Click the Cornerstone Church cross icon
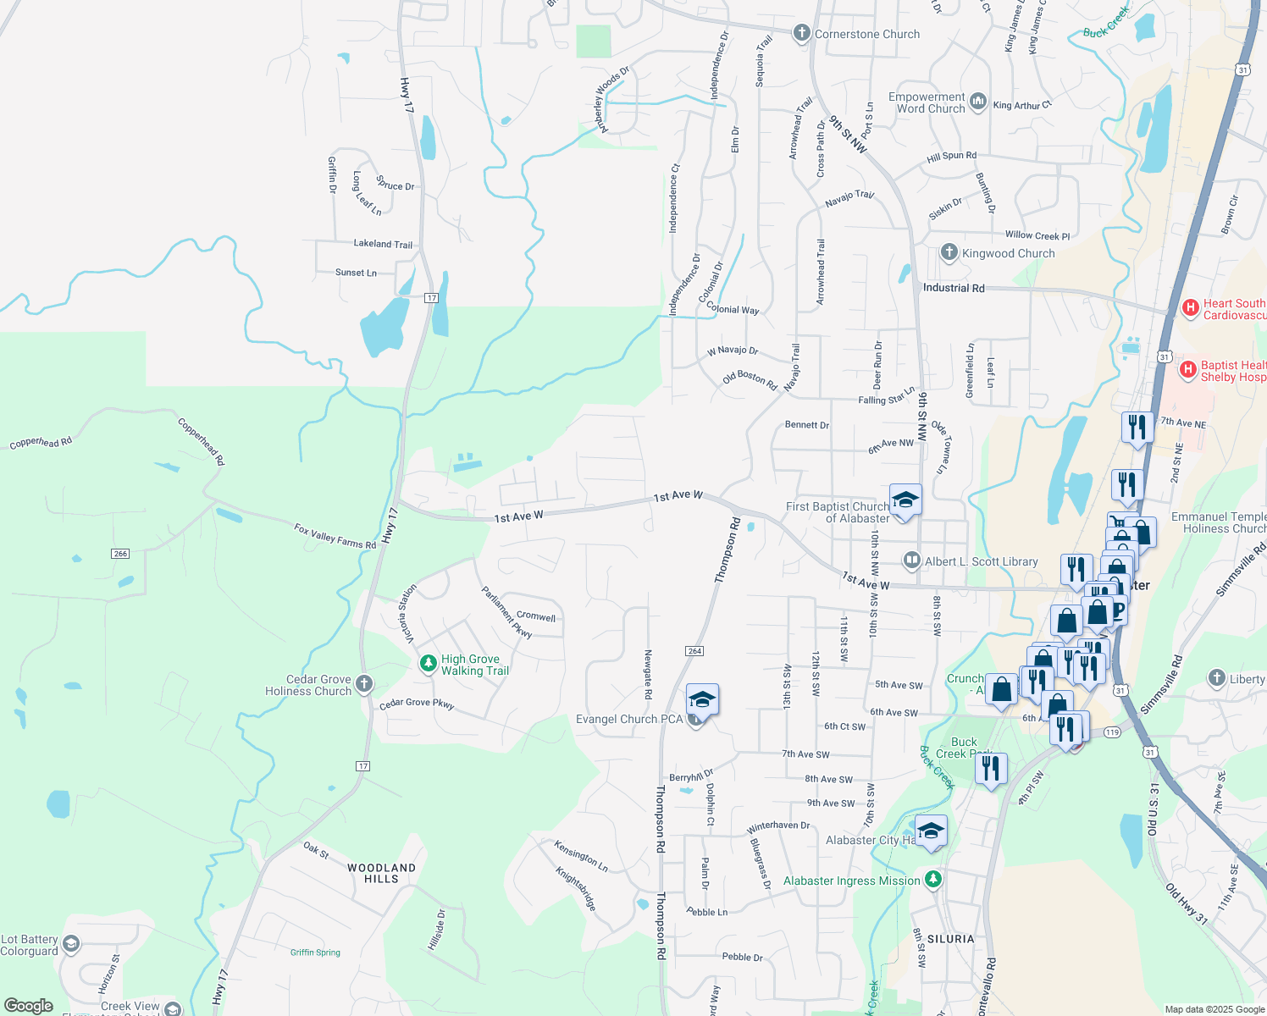[801, 34]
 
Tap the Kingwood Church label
[1008, 253]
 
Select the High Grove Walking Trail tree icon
[429, 664]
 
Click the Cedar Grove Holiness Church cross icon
[364, 684]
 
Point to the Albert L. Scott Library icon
[911, 560]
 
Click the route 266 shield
[120, 554]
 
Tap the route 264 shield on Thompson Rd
[694, 651]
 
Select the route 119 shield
[1112, 732]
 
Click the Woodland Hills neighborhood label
[381, 873]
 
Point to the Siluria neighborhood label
[950, 939]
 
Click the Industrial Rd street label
[954, 288]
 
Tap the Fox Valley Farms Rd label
[335, 537]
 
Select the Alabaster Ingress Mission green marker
[933, 880]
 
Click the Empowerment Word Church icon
[978, 102]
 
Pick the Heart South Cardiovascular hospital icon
[1190, 307]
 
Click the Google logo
[28, 1005]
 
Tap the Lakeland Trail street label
[383, 244]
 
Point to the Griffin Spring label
[315, 952]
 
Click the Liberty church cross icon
[1217, 678]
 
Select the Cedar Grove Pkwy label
[417, 704]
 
